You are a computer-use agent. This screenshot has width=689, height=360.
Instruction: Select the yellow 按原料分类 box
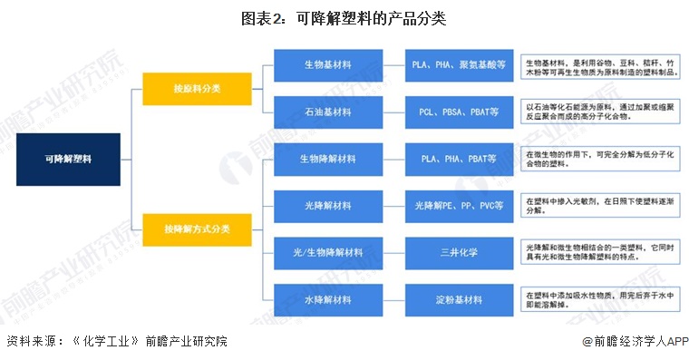[x=198, y=89]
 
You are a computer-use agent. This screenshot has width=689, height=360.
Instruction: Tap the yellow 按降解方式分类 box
[x=198, y=229]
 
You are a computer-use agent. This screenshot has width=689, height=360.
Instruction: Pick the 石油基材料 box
[x=327, y=112]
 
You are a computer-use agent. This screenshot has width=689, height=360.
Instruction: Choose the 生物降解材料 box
[x=327, y=159]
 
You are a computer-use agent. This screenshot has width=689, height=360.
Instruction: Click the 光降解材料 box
[x=327, y=206]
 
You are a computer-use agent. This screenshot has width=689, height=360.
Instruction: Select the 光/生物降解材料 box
[x=327, y=252]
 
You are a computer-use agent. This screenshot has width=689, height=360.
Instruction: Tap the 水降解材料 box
[x=327, y=298]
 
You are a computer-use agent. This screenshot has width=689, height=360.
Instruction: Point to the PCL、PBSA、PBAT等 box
[x=458, y=112]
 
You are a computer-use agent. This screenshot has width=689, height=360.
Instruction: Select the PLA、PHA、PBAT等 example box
[x=458, y=159]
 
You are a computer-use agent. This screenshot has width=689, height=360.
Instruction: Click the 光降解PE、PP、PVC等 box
[x=458, y=206]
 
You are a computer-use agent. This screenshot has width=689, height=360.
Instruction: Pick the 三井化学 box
[x=458, y=252]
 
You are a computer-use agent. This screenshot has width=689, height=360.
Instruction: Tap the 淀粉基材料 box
[x=458, y=298]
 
